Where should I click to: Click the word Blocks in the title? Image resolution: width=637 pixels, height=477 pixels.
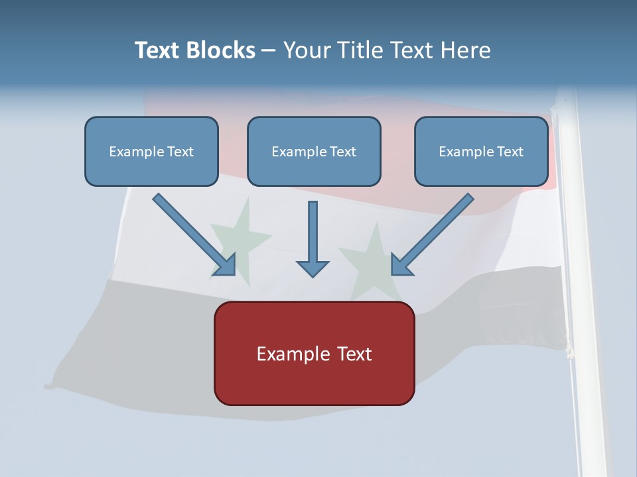click(220, 50)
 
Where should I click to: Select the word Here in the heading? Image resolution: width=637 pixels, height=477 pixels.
click(466, 50)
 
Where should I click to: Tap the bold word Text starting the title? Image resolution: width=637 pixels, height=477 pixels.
click(157, 50)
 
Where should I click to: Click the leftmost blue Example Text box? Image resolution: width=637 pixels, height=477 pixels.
click(151, 151)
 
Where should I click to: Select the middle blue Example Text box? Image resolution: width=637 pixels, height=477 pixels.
click(314, 151)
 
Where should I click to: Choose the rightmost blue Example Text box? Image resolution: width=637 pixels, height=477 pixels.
click(482, 151)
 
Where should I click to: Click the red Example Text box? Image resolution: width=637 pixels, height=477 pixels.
click(315, 353)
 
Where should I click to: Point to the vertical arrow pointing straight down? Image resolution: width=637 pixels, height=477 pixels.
click(313, 239)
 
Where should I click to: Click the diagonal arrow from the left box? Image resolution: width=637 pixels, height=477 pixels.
click(194, 235)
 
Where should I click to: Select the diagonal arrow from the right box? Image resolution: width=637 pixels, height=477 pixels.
click(432, 235)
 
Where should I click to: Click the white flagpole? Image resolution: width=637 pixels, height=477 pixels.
click(579, 280)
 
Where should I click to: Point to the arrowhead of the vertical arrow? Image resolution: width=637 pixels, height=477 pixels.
click(313, 269)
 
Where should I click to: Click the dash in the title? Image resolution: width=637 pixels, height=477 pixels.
click(269, 51)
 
